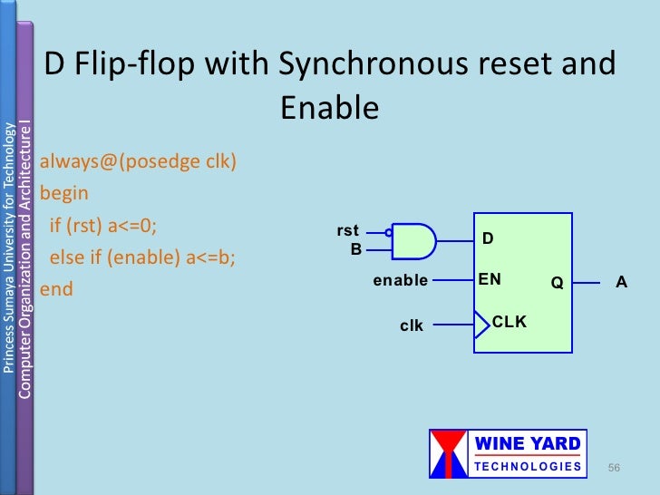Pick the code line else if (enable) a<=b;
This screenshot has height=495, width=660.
(x=141, y=257)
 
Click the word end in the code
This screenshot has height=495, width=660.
(x=57, y=290)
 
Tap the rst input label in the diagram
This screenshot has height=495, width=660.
(x=348, y=231)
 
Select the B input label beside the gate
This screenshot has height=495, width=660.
(x=356, y=247)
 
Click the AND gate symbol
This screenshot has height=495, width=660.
(x=413, y=240)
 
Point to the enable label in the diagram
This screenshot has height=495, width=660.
(x=400, y=281)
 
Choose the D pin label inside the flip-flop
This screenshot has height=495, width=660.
(x=487, y=238)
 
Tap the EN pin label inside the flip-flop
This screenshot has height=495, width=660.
(x=490, y=280)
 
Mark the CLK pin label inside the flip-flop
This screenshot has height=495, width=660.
(x=510, y=322)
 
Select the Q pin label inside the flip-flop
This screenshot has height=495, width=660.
(x=557, y=283)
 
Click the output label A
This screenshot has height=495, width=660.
(x=621, y=282)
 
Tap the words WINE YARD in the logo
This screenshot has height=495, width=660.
(x=529, y=444)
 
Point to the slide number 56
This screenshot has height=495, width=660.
(x=614, y=467)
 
